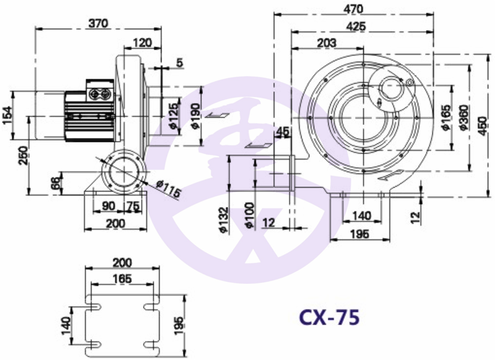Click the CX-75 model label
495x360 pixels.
[329, 317]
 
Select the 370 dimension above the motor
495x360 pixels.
[98, 24]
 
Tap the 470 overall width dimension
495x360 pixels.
[353, 9]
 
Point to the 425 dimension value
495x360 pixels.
[356, 26]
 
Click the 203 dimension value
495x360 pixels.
[327, 43]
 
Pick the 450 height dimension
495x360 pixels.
[483, 126]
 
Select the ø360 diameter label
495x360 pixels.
[465, 117]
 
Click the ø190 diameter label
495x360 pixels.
[196, 116]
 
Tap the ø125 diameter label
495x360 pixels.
[174, 116]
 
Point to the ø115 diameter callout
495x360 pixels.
[168, 189]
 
